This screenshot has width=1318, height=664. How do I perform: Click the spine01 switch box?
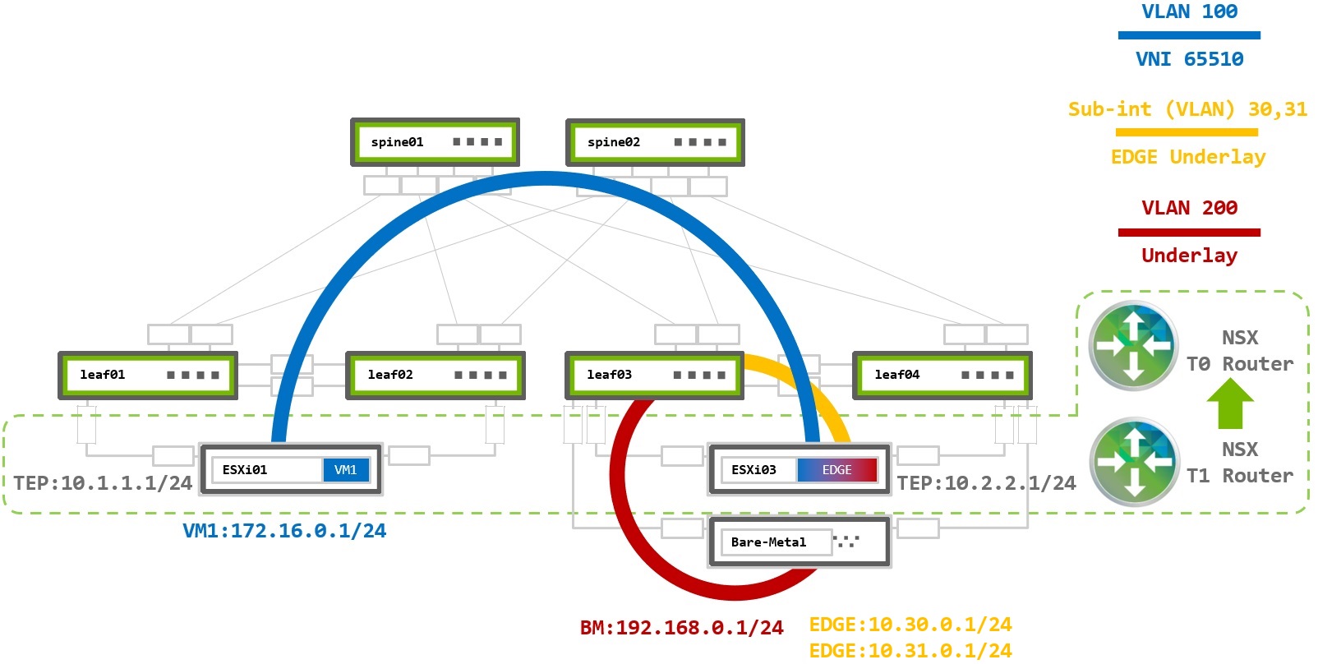pos(435,142)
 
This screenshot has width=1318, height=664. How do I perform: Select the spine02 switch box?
pos(655,142)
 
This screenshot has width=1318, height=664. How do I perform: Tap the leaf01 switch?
pos(148,376)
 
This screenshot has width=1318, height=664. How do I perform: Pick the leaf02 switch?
pos(435,376)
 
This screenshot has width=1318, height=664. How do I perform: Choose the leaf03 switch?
pos(654,376)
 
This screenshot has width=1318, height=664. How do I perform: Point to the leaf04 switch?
pos(942,376)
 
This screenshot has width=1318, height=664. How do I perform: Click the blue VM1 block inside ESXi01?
pos(346,470)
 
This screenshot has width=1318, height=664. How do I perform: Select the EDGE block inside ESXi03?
pos(836,470)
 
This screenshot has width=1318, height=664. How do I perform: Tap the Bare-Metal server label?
pos(768,542)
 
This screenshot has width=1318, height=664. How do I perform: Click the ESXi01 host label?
pos(245,470)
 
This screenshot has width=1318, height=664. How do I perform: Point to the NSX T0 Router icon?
pos(1133,345)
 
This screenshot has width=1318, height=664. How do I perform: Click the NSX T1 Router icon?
pos(1133,462)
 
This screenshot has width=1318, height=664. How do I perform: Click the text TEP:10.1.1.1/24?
pos(103,483)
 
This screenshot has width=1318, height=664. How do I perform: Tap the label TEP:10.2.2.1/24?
pos(986,483)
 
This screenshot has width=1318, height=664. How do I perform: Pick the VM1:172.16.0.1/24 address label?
pos(284,531)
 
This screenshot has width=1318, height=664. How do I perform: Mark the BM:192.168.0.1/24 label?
pos(681,628)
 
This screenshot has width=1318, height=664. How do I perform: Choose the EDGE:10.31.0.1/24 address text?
pos(910,651)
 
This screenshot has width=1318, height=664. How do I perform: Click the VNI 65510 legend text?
pos(1189,59)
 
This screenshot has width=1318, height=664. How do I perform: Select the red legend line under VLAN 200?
pos(1189,233)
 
